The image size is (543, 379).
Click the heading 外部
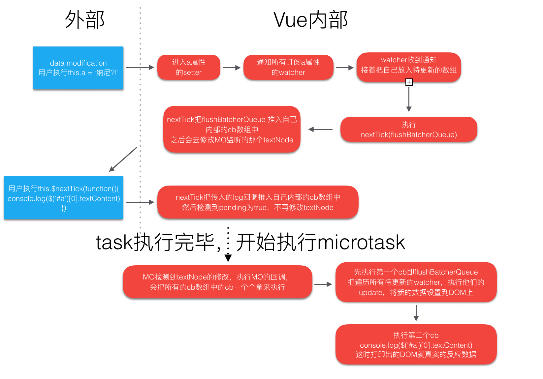85,19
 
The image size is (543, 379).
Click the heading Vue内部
310,20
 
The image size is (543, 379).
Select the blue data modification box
78,68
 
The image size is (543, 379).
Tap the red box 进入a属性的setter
189,67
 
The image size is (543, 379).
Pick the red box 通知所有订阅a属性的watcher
288,67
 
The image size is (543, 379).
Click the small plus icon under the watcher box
409,82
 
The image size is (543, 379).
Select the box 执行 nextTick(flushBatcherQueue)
409,129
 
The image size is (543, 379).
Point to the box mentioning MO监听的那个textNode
232,129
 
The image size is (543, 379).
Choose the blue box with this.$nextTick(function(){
64,198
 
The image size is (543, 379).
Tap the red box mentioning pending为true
258,202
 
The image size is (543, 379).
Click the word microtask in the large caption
361,242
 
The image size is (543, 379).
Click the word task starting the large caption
114,242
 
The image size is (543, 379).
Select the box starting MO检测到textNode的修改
217,282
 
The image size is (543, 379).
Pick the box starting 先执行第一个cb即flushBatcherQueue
416,282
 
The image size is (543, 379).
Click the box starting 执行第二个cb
416,344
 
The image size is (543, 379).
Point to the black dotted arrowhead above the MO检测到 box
228,258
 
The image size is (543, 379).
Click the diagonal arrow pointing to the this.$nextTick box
123,159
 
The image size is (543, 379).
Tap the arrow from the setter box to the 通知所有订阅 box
232,68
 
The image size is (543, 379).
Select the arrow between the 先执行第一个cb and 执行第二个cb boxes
416,313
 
